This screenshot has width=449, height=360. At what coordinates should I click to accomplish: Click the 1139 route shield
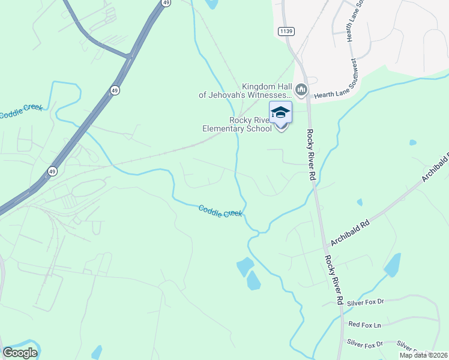[286, 31]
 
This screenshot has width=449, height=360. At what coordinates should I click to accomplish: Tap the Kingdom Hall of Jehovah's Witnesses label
[245, 91]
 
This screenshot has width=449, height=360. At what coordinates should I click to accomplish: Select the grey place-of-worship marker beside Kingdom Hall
[301, 91]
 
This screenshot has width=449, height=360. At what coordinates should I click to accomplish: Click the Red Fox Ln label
[364, 325]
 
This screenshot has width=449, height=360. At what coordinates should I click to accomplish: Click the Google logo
[20, 352]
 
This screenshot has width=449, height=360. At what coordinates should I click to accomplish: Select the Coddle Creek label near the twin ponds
[220, 211]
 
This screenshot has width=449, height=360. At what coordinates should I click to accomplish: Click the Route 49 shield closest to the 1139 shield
[165, 3]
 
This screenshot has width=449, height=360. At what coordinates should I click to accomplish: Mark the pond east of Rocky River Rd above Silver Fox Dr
[393, 264]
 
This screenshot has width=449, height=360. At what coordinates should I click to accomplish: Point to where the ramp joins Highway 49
[128, 58]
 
